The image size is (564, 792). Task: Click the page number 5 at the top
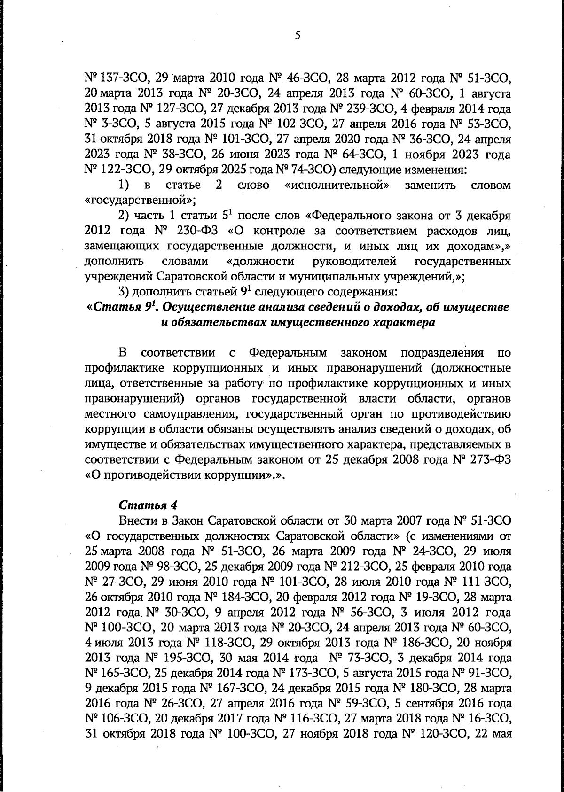(297, 35)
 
